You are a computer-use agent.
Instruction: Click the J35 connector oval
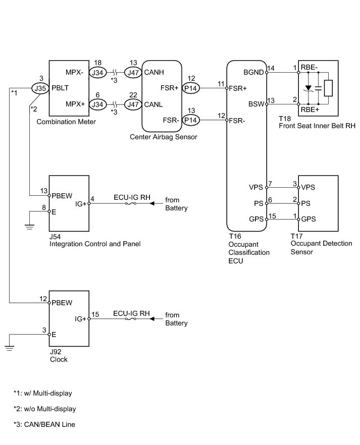40,88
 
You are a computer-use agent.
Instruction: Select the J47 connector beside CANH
133,73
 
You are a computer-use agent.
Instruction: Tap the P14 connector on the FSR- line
190,120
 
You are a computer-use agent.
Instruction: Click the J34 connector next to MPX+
97,104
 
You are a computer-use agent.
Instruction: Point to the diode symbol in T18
308,88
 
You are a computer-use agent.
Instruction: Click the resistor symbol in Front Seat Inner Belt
328,88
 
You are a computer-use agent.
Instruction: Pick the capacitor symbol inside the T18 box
318,88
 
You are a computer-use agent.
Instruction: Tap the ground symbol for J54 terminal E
29,227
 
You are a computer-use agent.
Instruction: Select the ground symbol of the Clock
10,348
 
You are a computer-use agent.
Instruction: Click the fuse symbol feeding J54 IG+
131,203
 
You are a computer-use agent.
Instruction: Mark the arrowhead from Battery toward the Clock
152,319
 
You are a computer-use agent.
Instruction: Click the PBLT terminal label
60,88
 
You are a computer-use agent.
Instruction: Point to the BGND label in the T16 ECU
253,72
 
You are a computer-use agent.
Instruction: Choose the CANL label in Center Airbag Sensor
153,105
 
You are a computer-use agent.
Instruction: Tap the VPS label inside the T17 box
308,187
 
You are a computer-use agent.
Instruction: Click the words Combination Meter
66,122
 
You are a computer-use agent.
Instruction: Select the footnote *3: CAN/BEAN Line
44,425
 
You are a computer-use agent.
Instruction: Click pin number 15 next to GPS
272,216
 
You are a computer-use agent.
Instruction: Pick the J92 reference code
56,352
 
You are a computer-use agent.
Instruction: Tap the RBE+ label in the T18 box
310,110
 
